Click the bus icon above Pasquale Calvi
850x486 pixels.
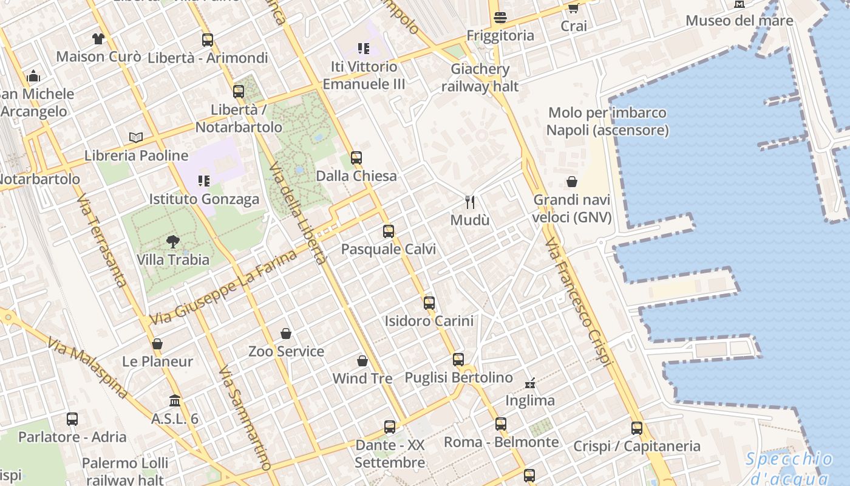click(x=389, y=231)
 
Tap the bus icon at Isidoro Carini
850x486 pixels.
click(x=429, y=303)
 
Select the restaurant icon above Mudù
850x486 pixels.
click(x=469, y=202)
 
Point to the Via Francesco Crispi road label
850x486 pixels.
click(x=577, y=303)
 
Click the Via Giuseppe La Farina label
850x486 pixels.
click(x=223, y=287)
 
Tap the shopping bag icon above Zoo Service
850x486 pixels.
click(x=286, y=334)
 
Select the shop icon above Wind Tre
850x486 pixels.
click(x=362, y=361)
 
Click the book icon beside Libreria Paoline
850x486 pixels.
click(x=136, y=137)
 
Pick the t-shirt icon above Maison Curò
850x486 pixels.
click(x=98, y=39)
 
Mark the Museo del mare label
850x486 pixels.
click(x=739, y=21)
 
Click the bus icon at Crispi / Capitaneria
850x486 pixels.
click(x=636, y=428)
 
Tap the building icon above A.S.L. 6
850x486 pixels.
click(x=175, y=401)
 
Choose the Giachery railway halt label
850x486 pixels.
click(x=480, y=78)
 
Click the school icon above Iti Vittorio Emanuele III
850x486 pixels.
click(x=363, y=49)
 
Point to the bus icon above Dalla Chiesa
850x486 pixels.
click(x=356, y=158)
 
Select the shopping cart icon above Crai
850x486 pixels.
click(x=573, y=8)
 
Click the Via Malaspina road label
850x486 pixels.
click(x=87, y=369)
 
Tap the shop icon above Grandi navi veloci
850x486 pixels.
click(x=572, y=182)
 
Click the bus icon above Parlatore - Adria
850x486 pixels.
click(x=72, y=419)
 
